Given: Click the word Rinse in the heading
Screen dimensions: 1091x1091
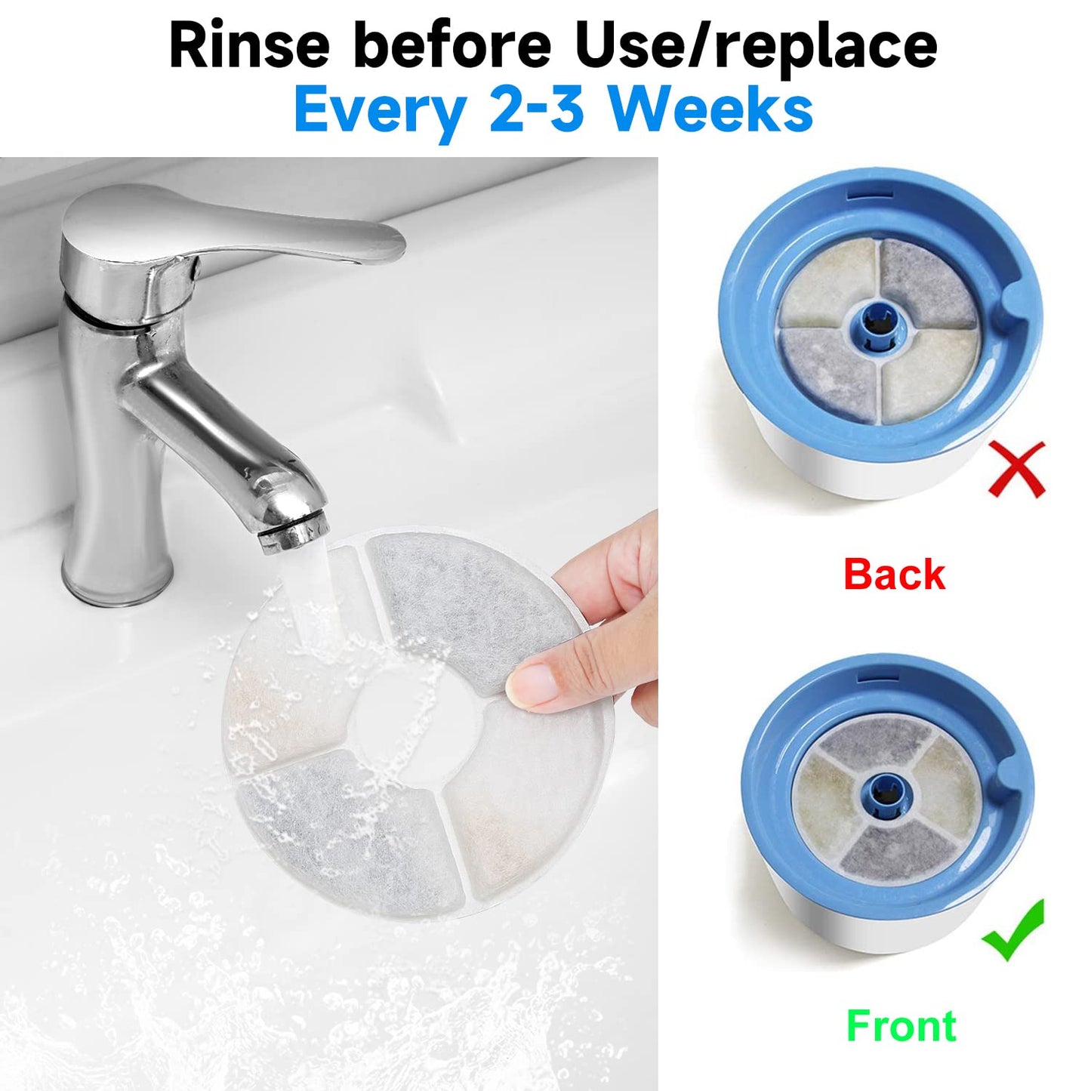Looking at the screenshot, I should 249,45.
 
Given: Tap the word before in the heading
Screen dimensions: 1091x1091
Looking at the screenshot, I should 452,45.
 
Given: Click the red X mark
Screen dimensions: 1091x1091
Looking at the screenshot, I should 1016,468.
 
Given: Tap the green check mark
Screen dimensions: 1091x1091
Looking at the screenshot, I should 1014,930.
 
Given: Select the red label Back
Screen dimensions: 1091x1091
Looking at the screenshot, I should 894,575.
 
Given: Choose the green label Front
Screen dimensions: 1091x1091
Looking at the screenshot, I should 901,1026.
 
